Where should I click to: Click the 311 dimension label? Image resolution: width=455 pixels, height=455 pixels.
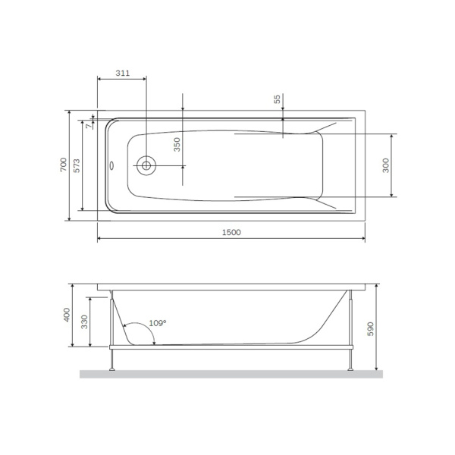click(121, 73)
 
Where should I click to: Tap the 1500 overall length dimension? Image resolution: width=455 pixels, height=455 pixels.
click(231, 232)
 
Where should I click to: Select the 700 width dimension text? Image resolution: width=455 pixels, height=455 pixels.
click(64, 165)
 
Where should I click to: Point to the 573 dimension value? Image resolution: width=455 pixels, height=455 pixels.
click(76, 165)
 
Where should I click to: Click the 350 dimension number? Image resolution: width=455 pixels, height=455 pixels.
click(177, 145)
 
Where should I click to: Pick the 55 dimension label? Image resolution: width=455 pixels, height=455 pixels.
click(278, 99)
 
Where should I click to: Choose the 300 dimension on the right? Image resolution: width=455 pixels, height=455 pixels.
click(385, 165)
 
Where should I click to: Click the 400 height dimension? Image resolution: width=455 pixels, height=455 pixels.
click(67, 315)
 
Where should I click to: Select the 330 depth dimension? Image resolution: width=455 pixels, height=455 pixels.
click(84, 323)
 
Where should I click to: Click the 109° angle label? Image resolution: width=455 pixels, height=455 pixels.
click(157, 323)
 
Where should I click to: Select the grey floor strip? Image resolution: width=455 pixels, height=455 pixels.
click(231, 374)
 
